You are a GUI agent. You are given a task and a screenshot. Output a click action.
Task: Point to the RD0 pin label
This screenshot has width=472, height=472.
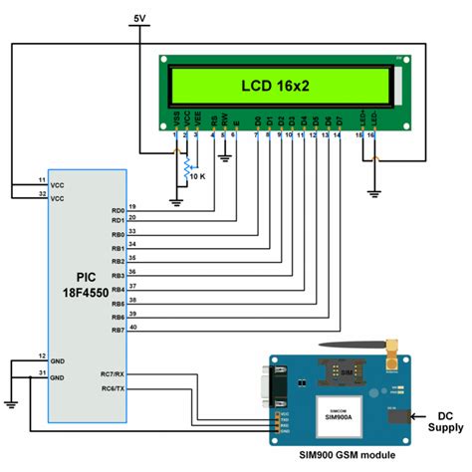118,211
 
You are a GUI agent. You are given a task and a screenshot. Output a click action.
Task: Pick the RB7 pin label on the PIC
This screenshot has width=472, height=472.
118,330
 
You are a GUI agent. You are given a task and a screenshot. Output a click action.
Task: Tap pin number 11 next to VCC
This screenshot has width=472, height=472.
41,178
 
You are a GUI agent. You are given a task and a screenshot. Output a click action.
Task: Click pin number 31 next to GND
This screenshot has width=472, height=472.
41,373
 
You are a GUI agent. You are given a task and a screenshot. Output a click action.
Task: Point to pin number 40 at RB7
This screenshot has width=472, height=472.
132,325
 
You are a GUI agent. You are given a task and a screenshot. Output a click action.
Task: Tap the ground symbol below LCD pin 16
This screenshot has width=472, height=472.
372,192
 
